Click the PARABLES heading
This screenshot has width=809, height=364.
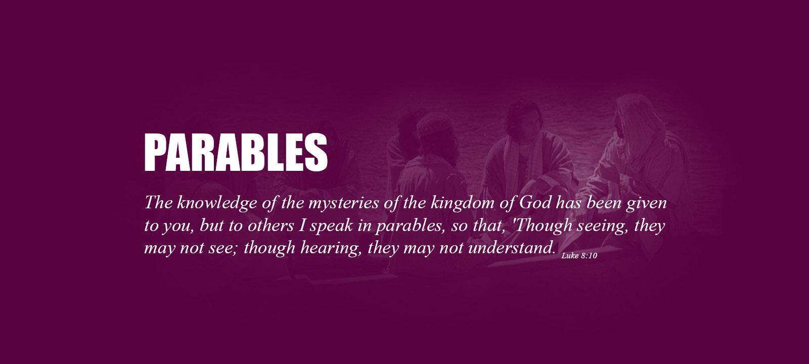coord(236,152)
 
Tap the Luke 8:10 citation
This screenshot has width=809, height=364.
coord(579,256)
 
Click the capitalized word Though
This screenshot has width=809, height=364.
coord(541,225)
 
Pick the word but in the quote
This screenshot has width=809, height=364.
coord(211,225)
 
